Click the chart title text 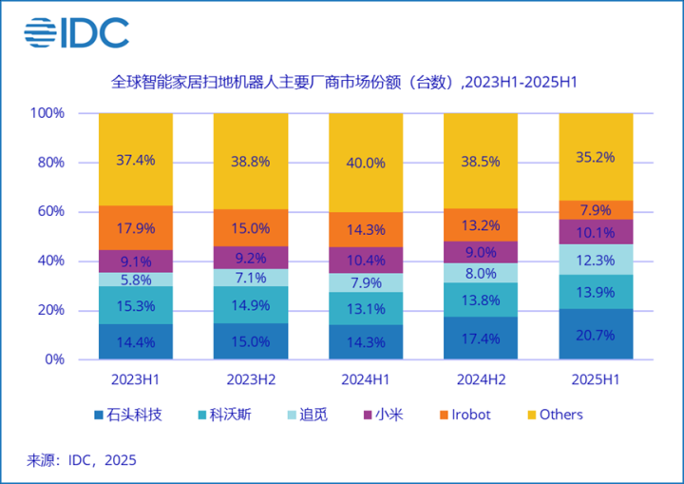[344, 83]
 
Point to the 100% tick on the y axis [47, 113]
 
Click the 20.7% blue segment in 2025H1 [596, 334]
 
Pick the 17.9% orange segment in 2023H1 [136, 228]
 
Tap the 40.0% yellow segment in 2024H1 [366, 163]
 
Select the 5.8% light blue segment [136, 280]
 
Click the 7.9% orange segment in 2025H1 [596, 210]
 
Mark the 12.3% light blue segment [596, 260]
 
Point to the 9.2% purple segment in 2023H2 [251, 258]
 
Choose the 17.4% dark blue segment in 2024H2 [481, 338]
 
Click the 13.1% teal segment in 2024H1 [366, 308]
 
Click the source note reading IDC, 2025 [81, 460]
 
